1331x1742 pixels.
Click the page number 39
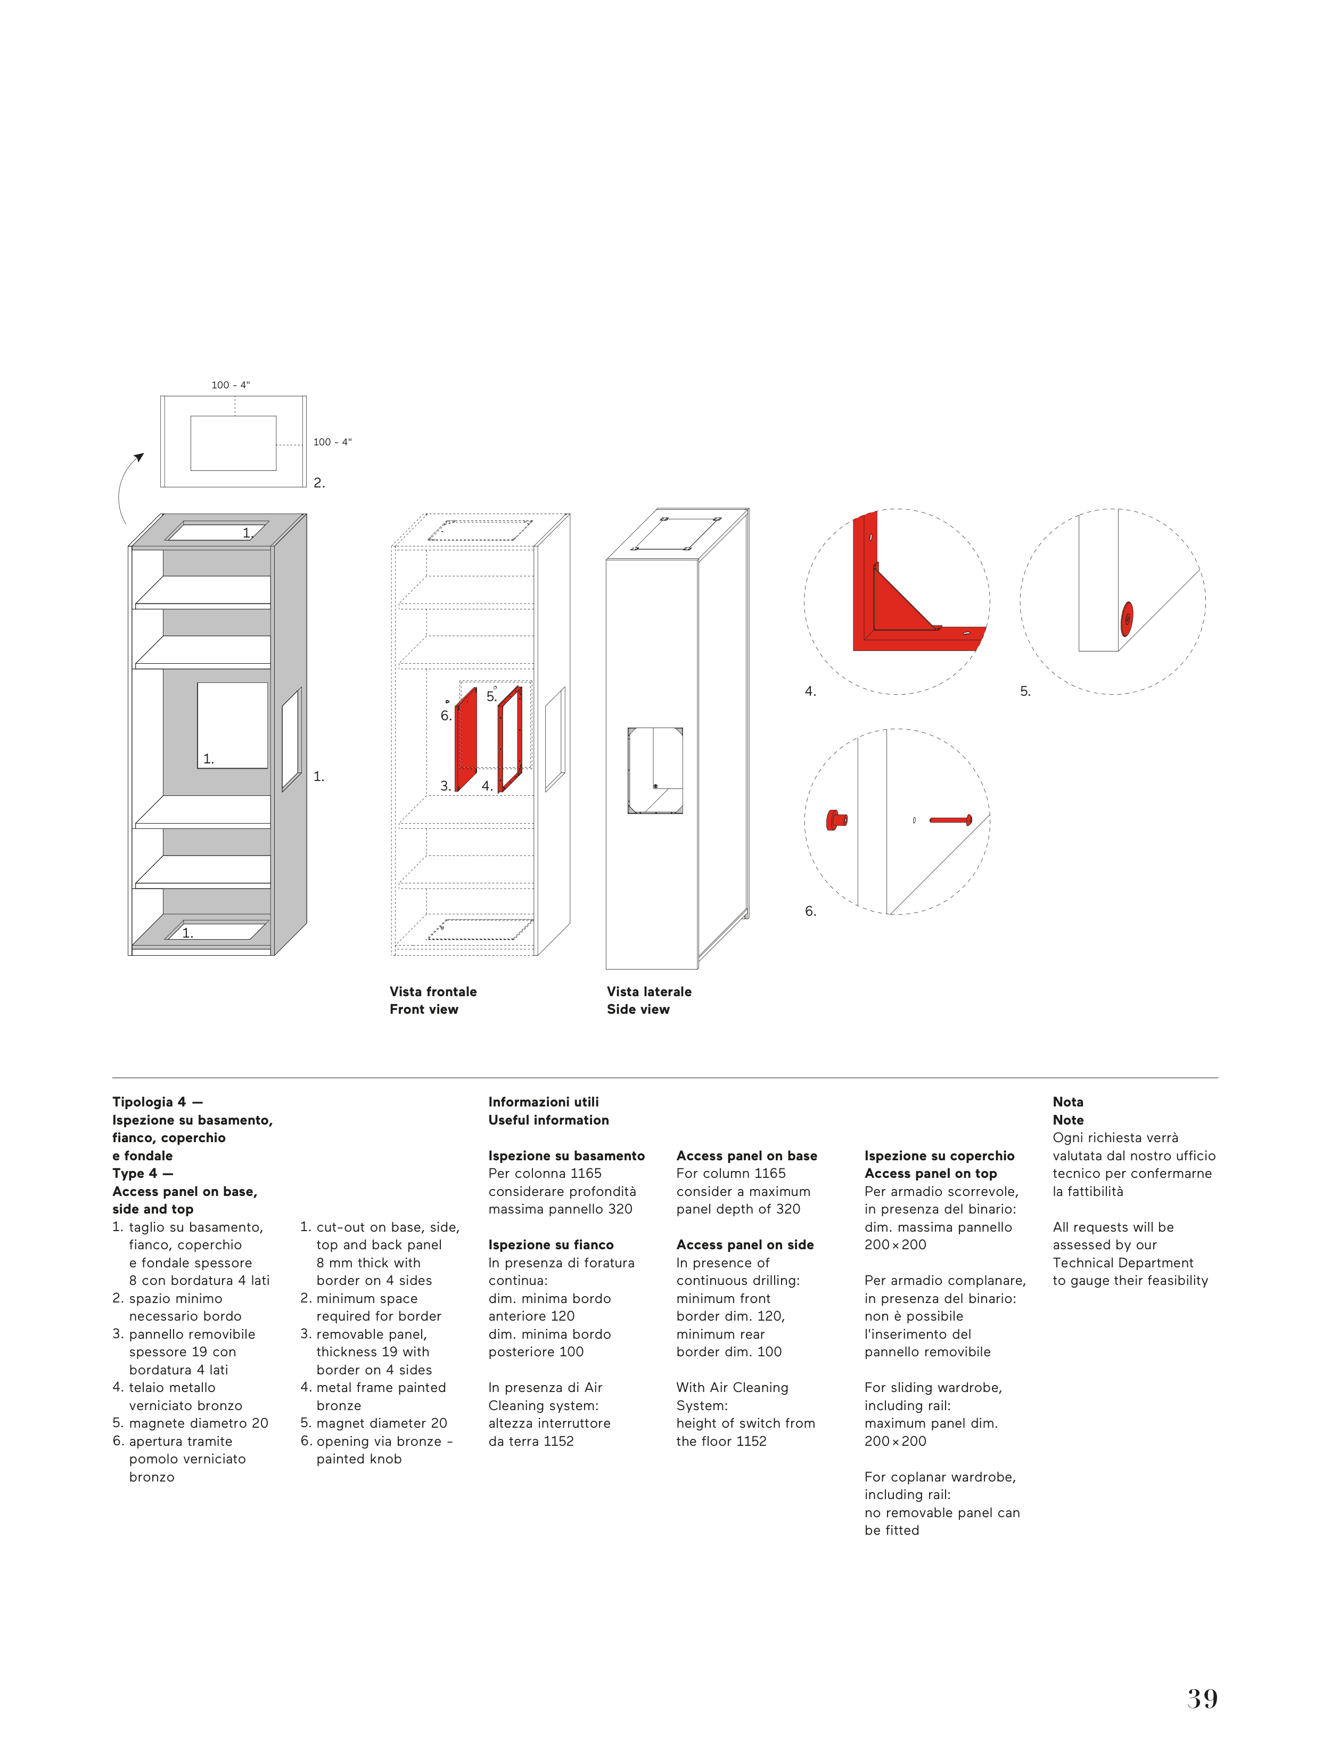[1202, 1698]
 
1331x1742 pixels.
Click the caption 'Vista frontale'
[432, 991]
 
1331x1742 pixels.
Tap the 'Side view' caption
[638, 1009]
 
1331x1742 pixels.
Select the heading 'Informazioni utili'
[544, 1102]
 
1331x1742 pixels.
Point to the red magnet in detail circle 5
[1127, 619]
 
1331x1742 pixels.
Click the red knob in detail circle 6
[834, 819]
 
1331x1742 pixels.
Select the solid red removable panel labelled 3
[466, 739]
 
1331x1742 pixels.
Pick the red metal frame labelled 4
[510, 739]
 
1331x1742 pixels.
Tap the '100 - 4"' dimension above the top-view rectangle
[231, 385]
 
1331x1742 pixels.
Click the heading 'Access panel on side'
[745, 1245]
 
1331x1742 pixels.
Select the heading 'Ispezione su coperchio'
[939, 1155]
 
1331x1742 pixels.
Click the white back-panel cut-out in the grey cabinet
[232, 725]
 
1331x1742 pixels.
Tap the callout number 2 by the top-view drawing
[318, 483]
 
